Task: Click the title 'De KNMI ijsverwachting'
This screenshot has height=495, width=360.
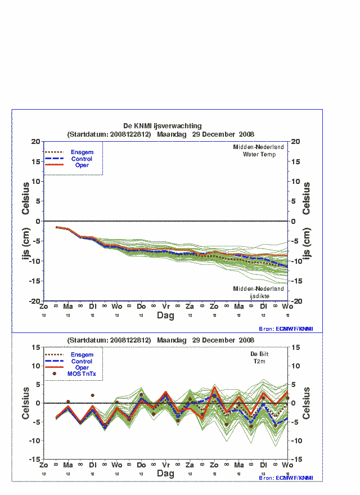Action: pos(163,126)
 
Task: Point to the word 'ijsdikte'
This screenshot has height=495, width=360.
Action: pos(259,296)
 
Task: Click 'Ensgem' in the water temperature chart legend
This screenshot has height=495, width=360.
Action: pos(82,152)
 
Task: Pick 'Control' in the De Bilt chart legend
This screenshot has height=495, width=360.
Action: pos(82,361)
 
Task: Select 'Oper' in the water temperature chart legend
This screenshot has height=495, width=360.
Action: pos(82,165)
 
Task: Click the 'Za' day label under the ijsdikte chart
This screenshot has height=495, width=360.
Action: pos(190,307)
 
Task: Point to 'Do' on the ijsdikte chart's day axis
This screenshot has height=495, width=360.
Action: pos(141,307)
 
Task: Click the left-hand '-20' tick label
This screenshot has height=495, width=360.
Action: pos(35,301)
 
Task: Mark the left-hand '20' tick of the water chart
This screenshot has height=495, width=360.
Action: pos(37,142)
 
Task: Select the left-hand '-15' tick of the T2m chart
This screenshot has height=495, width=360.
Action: pos(35,460)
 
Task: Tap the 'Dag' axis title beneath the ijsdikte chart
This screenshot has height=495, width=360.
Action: pos(166,316)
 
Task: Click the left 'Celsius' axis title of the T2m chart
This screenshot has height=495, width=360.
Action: pos(26,403)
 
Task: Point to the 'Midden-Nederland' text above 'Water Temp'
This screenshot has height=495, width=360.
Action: pos(259,147)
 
